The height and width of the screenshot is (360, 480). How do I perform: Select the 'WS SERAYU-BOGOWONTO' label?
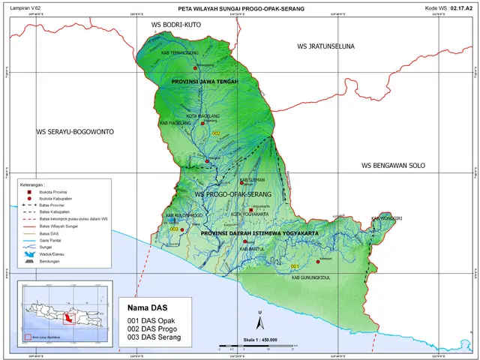pos(75,131)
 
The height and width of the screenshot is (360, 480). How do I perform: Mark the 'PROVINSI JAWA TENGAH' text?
pos(205,81)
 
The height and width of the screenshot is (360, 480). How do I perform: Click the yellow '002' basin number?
pos(217,133)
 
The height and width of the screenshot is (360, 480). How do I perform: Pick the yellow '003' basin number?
pos(174,229)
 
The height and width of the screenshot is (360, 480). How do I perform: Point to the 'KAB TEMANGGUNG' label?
pos(178,53)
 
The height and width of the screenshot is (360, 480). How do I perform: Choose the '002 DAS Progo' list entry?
pos(154,328)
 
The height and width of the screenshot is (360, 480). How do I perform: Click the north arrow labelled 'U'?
pos(259,322)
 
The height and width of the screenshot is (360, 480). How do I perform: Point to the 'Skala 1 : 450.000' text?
pos(256,340)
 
